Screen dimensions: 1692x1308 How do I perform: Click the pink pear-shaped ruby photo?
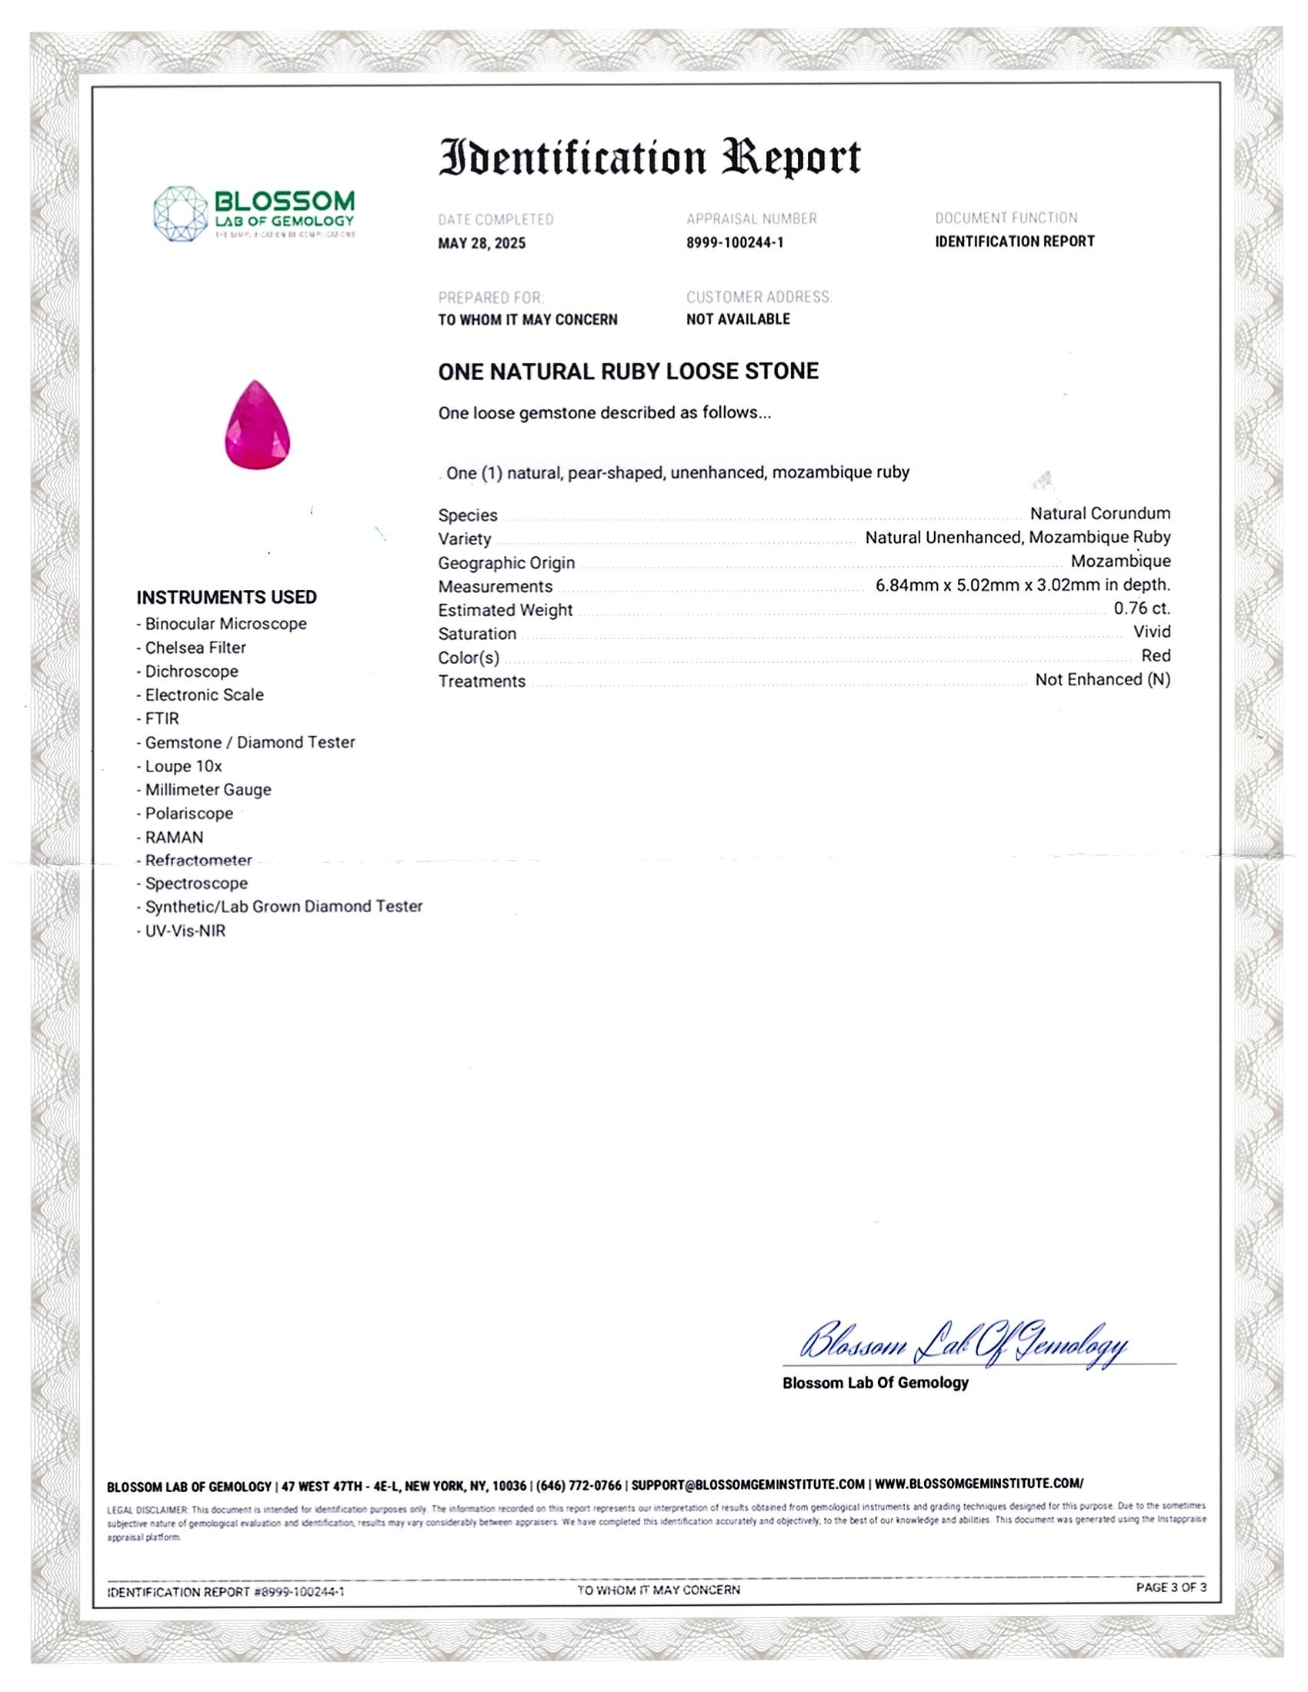click(x=257, y=425)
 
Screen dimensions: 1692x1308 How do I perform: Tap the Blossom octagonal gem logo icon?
click(x=180, y=213)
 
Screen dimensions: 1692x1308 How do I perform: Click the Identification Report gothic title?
click(x=649, y=158)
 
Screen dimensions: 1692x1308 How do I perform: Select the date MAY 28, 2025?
click(x=481, y=243)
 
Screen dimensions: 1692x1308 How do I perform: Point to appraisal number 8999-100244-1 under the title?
click(x=735, y=242)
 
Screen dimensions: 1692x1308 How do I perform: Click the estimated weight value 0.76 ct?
click(x=1141, y=608)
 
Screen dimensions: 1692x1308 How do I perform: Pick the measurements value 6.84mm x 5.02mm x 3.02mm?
click(x=1023, y=585)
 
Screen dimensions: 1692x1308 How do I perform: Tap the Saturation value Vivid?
click(x=1152, y=631)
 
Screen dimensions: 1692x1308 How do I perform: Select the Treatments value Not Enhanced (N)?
click(x=1102, y=679)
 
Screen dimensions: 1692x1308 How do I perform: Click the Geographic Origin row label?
click(x=506, y=562)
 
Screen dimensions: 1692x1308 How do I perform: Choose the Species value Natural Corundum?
click(x=1099, y=513)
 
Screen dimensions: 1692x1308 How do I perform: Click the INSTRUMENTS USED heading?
click(x=226, y=598)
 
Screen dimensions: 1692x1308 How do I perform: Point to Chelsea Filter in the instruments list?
click(x=195, y=648)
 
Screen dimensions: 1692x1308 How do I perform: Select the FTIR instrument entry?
click(x=161, y=718)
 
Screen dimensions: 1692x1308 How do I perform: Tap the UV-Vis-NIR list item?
click(x=185, y=931)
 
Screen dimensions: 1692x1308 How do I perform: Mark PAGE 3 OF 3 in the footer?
click(x=1171, y=1587)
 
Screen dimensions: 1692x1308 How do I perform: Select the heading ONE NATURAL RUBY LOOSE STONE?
click(x=628, y=371)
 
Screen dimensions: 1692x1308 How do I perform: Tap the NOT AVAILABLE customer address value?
click(x=738, y=319)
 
